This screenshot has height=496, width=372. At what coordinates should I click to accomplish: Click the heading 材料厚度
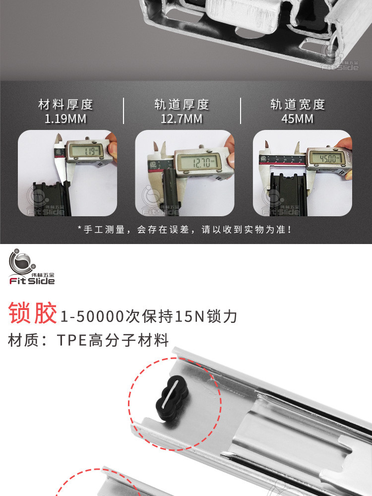tap(65, 104)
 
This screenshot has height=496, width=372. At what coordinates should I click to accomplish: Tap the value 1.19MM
tap(65, 119)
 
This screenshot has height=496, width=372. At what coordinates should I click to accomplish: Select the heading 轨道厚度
tap(182, 104)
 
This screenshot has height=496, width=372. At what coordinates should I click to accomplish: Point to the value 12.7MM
tap(182, 119)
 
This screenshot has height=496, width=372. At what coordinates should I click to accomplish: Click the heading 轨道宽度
tap(298, 104)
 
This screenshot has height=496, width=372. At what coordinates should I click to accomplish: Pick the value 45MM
tap(297, 119)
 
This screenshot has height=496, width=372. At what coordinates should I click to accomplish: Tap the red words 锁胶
tap(33, 313)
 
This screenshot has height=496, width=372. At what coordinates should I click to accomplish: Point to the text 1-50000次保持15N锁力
tap(148, 316)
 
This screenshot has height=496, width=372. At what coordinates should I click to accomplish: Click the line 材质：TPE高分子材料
tap(88, 340)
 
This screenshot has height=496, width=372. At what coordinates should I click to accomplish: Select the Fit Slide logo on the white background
tap(32, 267)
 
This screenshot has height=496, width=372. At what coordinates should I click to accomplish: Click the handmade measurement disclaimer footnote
tap(186, 229)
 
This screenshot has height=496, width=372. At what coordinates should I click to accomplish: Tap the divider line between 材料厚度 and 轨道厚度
tap(124, 111)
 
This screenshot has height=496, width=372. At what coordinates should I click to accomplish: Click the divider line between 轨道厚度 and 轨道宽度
tap(241, 111)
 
